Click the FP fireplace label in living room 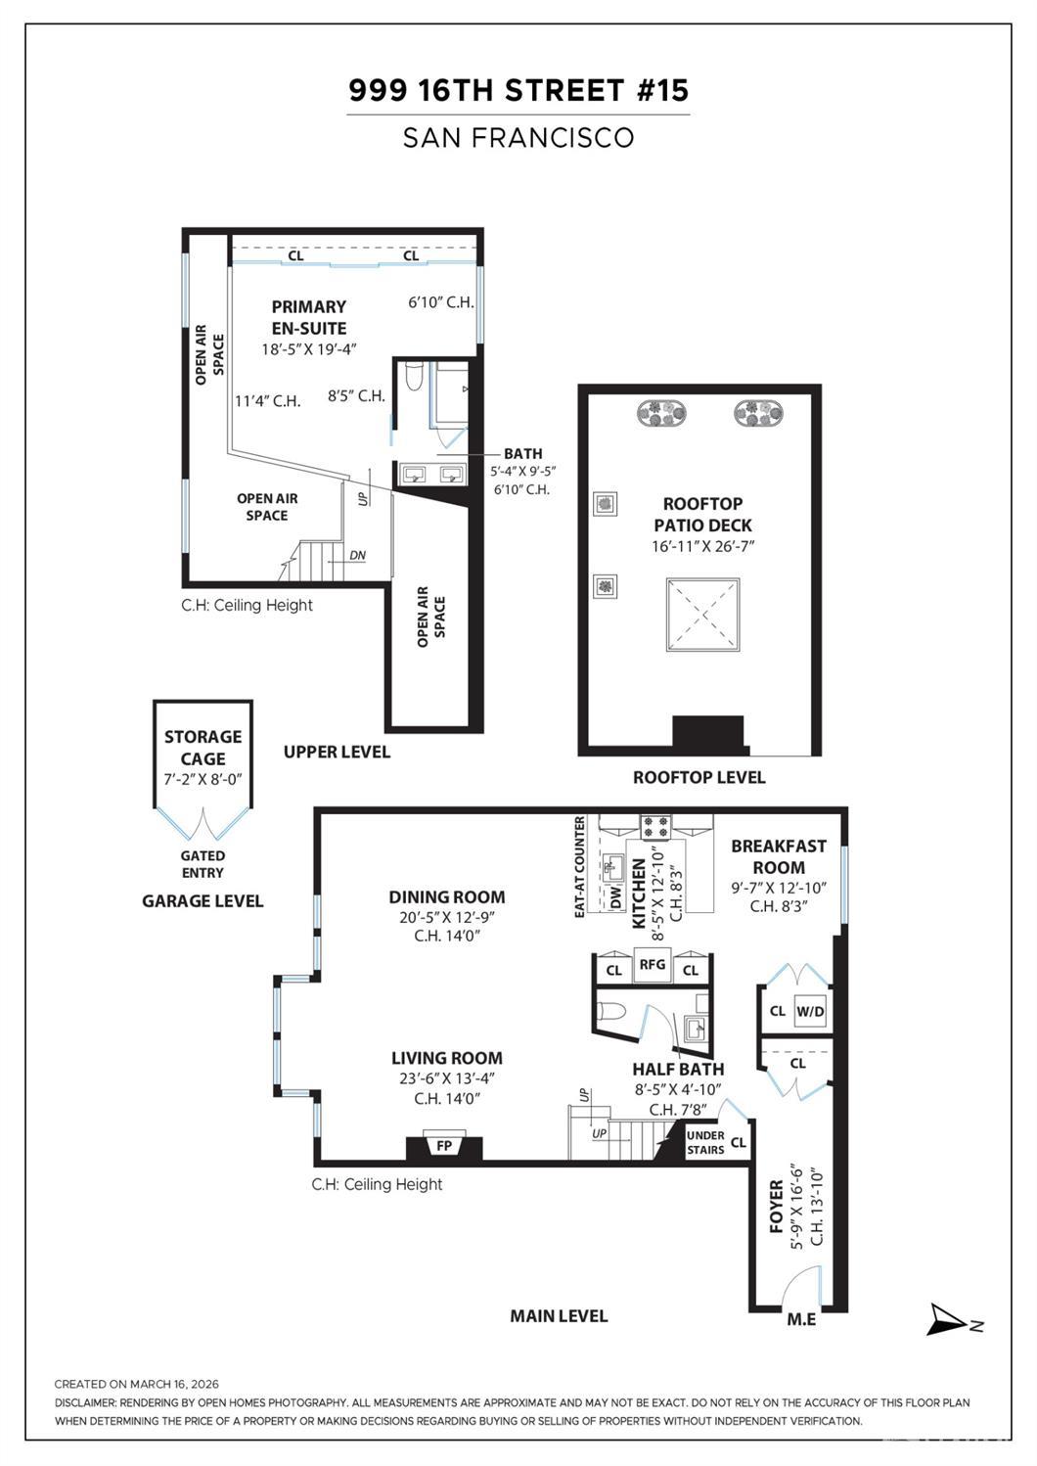[444, 1144]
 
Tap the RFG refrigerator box [653, 965]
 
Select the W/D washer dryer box [810, 1011]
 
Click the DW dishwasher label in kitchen [616, 897]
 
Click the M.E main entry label [801, 1319]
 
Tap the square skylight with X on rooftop [702, 614]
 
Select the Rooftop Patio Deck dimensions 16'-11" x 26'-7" [702, 547]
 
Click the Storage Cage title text [203, 747]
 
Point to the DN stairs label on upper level [357, 556]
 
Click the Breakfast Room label [779, 856]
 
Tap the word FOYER [777, 1206]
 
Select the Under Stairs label [705, 1142]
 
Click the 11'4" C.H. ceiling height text [267, 400]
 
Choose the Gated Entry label [203, 864]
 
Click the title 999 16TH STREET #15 [518, 91]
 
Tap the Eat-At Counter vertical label [580, 866]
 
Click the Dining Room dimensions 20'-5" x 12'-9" [447, 917]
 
